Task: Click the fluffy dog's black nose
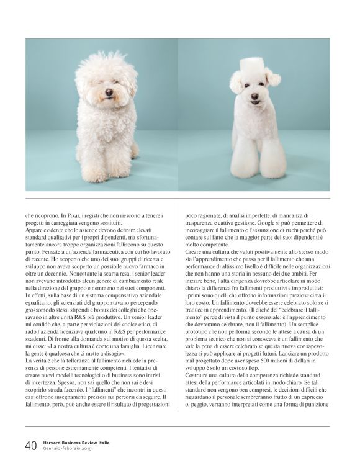[x=108, y=92]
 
